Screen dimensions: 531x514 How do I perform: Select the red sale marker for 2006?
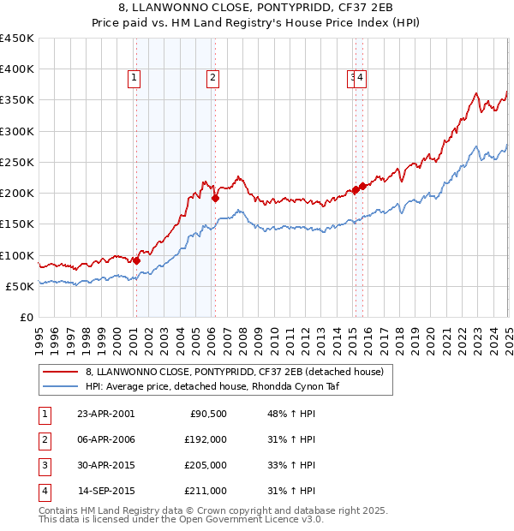215,198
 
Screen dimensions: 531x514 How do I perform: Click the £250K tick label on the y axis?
17,162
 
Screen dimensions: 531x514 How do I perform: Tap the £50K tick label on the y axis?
21,286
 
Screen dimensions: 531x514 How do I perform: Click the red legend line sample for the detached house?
59,373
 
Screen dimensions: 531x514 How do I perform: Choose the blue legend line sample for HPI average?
59,385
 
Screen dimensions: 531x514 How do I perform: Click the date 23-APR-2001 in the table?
105,414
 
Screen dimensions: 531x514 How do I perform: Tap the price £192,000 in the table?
205,439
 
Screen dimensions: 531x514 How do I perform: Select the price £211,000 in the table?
205,491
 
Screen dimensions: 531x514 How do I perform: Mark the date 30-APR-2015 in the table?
105,465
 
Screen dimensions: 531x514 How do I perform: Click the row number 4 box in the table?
44,491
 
